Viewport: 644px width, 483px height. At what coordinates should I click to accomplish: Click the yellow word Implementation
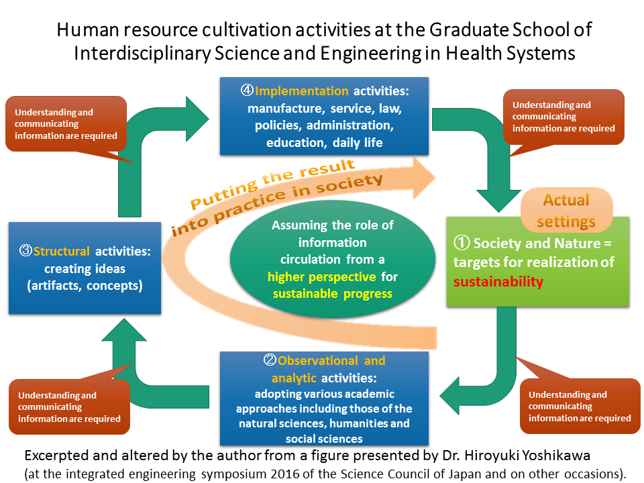301,91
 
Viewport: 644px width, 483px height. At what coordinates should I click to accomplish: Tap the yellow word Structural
61,251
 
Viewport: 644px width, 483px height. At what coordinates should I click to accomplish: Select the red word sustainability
498,282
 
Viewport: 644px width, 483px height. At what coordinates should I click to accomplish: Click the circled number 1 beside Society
462,242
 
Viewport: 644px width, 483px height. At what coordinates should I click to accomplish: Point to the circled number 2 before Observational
270,360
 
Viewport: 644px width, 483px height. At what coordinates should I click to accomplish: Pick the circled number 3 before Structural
25,250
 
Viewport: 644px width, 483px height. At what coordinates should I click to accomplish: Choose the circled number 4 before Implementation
247,91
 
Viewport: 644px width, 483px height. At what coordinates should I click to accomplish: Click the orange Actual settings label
566,210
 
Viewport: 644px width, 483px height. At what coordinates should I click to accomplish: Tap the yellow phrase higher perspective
321,277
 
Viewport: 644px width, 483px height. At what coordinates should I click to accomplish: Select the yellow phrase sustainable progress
333,294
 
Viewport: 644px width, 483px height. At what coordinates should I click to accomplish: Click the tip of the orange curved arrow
435,178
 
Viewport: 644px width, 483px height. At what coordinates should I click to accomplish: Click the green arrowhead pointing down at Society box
498,201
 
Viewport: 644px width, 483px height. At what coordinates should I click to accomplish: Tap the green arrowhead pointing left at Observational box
449,396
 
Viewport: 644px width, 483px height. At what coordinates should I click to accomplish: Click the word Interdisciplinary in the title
142,54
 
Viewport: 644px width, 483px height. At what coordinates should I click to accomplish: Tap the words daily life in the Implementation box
358,143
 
